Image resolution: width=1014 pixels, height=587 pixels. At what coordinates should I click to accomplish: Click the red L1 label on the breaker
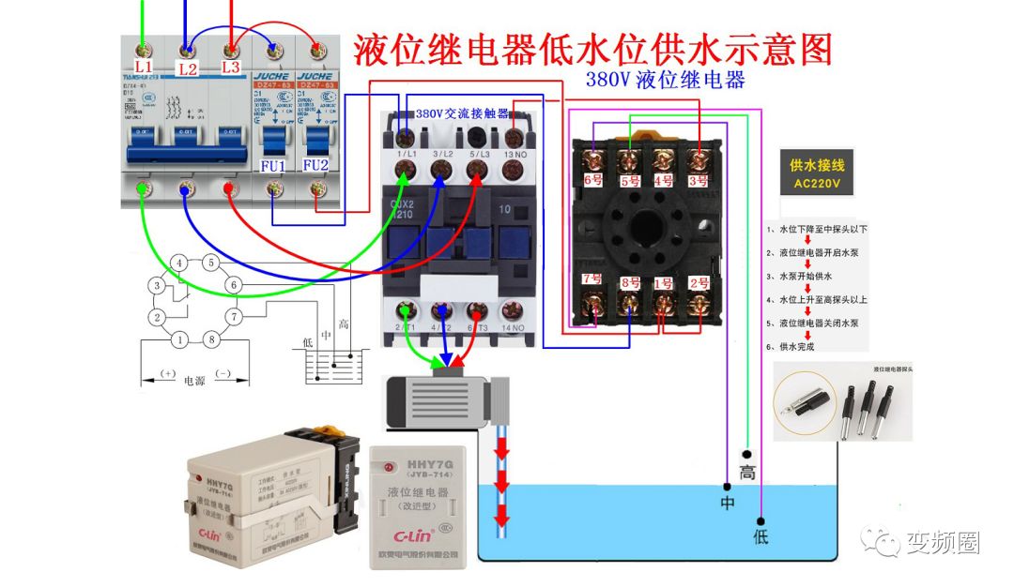143,67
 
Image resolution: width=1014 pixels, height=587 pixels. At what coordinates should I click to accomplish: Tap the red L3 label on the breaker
231,67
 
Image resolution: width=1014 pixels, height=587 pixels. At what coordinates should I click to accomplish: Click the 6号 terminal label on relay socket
592,178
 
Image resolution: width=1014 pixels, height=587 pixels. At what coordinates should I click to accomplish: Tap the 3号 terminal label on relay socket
697,178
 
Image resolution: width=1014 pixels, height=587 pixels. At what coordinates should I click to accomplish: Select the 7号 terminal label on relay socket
592,278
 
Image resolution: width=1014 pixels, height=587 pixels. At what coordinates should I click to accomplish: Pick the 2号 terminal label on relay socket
699,281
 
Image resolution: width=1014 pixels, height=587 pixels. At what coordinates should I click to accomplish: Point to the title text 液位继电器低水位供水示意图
592,49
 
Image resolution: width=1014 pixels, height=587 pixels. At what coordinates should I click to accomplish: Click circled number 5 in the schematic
211,263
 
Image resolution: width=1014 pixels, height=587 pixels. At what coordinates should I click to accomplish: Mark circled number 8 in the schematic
211,339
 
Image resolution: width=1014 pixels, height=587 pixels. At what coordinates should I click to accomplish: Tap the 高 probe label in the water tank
747,473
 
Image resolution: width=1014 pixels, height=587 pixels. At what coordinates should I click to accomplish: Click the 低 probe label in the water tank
760,536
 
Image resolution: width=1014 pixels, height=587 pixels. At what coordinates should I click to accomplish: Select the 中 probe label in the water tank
726,502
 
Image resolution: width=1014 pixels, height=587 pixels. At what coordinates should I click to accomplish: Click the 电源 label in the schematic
194,382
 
